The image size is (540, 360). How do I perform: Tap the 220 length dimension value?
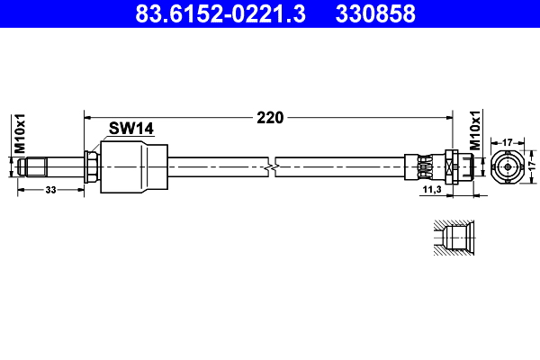[x=270, y=117]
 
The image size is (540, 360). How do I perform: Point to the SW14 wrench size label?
[x=131, y=129]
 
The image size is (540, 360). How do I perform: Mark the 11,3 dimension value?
[x=431, y=190]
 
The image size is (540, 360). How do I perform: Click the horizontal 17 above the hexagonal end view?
[x=508, y=141]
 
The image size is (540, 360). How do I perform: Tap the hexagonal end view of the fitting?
[x=508, y=166]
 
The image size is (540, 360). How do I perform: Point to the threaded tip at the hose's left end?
[x=36, y=166]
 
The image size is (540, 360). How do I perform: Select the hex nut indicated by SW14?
[x=91, y=166]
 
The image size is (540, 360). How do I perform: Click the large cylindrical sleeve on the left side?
[x=133, y=166]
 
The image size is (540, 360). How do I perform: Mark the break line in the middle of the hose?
[x=273, y=166]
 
